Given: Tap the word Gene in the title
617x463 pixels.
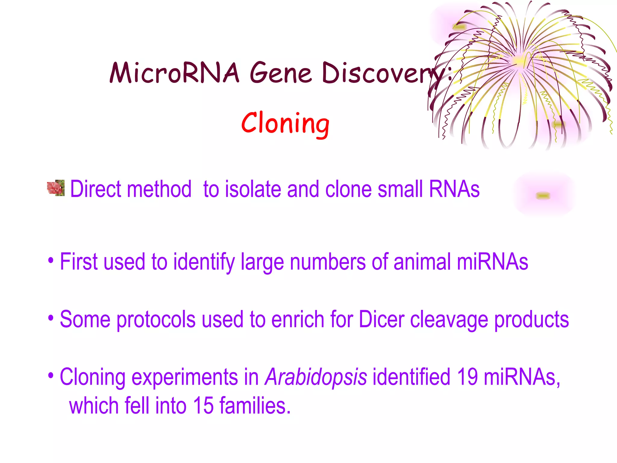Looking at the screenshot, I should click(x=280, y=73).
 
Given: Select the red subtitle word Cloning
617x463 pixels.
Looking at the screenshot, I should click(x=285, y=123).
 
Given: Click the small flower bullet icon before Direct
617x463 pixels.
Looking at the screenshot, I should click(x=56, y=188).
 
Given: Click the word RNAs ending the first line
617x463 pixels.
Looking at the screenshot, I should click(x=454, y=189).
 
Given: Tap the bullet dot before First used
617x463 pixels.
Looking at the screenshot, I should click(x=51, y=260).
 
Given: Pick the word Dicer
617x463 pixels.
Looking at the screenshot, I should click(x=381, y=319).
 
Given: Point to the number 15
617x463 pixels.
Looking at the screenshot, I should click(x=203, y=406).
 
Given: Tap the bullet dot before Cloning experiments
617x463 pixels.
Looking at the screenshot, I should click(x=51, y=376).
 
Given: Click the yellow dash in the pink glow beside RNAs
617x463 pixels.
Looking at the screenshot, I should click(x=543, y=196).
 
